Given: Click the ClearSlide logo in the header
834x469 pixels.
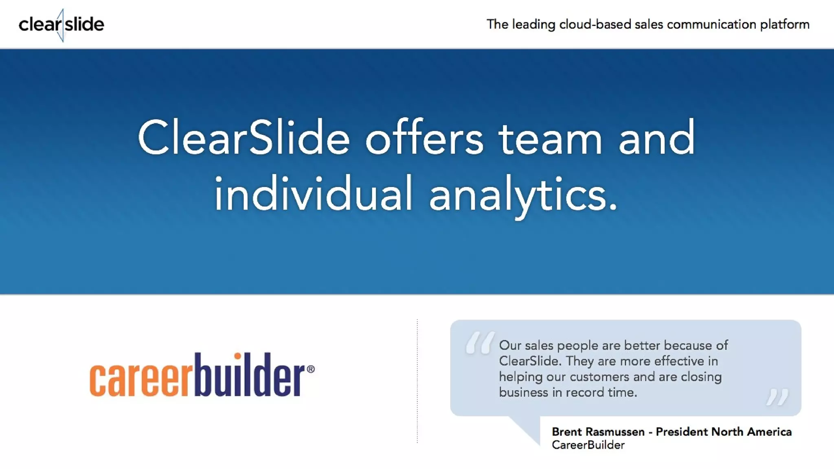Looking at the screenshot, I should point(61,24).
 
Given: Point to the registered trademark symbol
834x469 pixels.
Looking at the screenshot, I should point(310,369).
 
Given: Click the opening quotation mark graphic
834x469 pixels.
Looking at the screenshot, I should point(480,342).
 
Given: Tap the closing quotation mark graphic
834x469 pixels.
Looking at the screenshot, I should point(777,397).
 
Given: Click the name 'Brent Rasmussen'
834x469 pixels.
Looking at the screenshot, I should point(598,432).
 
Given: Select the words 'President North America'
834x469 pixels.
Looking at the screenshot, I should point(724,432).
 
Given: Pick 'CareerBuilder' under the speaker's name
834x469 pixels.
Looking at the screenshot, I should point(588,445).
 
